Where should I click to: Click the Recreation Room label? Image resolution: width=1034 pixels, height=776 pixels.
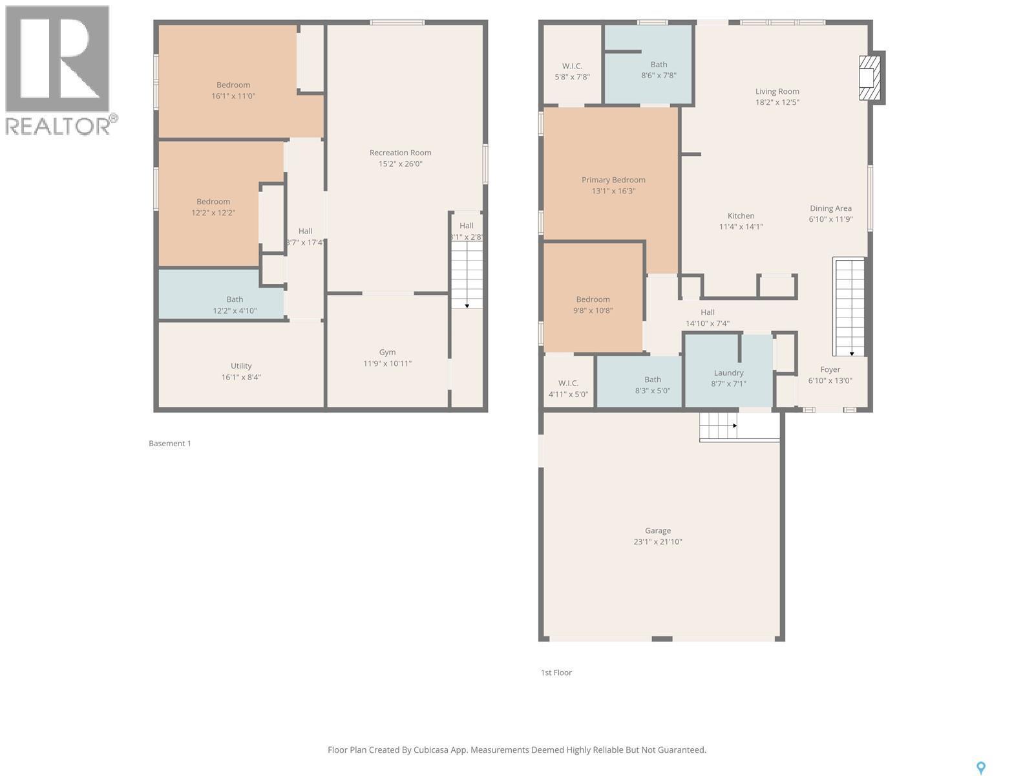(400, 153)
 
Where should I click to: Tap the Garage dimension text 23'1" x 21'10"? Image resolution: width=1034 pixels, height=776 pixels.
(657, 542)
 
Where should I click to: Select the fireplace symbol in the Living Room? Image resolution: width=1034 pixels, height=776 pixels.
(869, 78)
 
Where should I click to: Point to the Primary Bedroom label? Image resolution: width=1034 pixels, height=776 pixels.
(613, 180)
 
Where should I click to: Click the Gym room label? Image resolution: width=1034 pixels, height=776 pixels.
(387, 352)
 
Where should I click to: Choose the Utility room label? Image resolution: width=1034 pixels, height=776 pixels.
(241, 365)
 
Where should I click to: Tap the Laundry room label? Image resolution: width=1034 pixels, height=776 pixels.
(728, 372)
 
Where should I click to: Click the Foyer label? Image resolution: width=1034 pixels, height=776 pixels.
(830, 369)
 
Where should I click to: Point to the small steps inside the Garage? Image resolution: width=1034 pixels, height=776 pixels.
(718, 426)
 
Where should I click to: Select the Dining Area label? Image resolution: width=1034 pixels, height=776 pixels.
(830, 208)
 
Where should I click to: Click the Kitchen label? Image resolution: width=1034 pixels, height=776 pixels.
(741, 215)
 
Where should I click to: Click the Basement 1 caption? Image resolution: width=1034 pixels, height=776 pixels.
(170, 443)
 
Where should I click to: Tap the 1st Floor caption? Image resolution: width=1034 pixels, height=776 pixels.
(556, 673)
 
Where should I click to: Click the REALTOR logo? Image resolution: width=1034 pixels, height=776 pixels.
(59, 71)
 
